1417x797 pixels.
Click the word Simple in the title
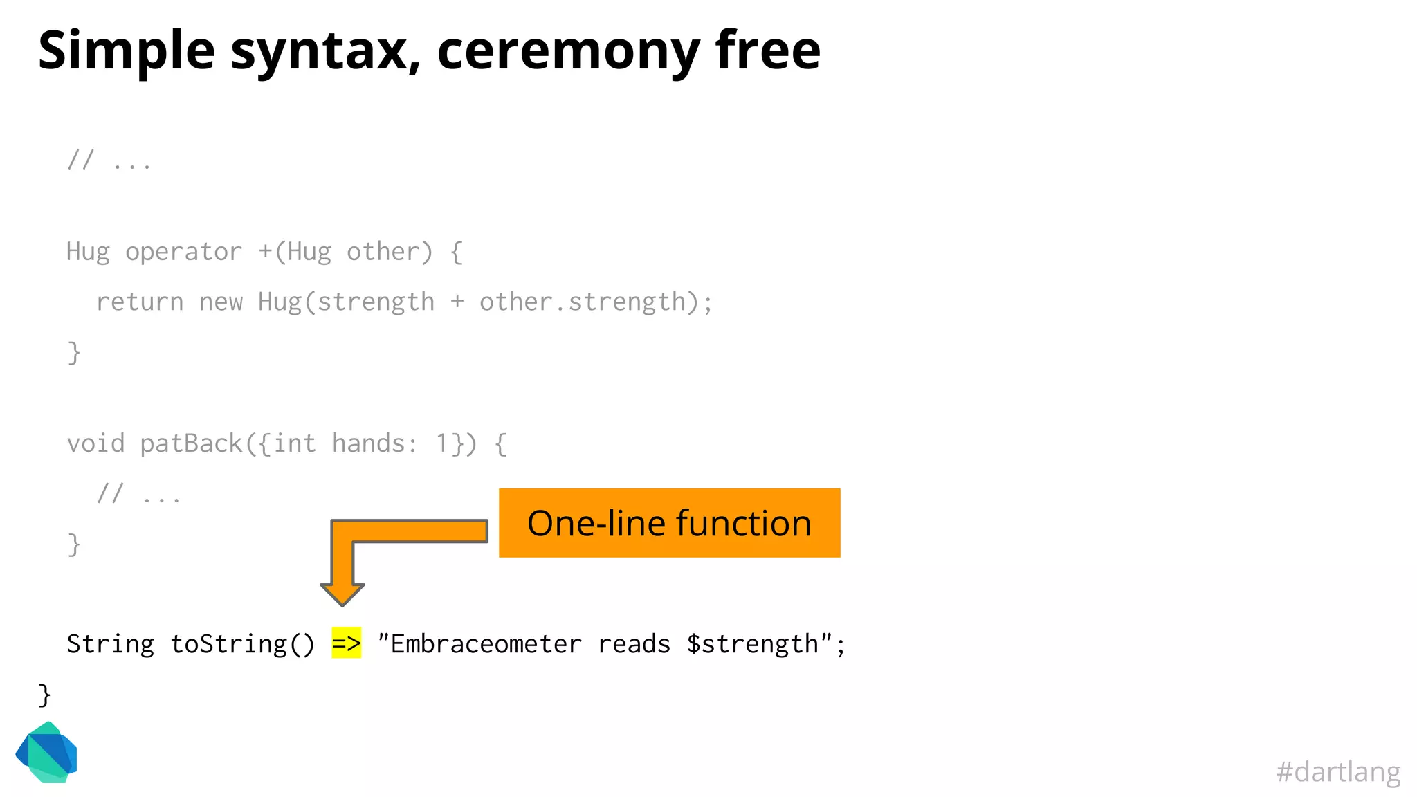pyautogui.click(x=127, y=51)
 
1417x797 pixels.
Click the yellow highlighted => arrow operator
pyautogui.click(x=346, y=643)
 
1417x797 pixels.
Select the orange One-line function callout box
pyautogui.click(x=669, y=523)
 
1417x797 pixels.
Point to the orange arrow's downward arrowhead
pyautogui.click(x=342, y=594)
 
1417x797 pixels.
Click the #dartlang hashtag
pyautogui.click(x=1337, y=771)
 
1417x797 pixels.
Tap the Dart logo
pyautogui.click(x=47, y=753)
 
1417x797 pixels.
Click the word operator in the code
pyautogui.click(x=183, y=252)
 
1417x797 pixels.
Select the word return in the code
pyautogui.click(x=140, y=302)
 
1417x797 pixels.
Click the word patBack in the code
pyautogui.click(x=191, y=443)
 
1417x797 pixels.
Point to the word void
pyautogui.click(x=95, y=443)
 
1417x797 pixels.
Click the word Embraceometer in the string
pyautogui.click(x=486, y=644)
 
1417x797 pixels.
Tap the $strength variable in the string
pyautogui.click(x=752, y=644)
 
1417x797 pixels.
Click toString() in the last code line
pyautogui.click(x=242, y=644)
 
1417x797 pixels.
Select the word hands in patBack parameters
pyautogui.click(x=368, y=443)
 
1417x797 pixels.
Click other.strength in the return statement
pyautogui.click(x=582, y=302)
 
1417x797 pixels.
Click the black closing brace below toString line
pyautogui.click(x=44, y=695)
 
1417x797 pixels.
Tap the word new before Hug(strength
pyautogui.click(x=221, y=302)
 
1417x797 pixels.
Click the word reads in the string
pyautogui.click(x=634, y=644)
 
